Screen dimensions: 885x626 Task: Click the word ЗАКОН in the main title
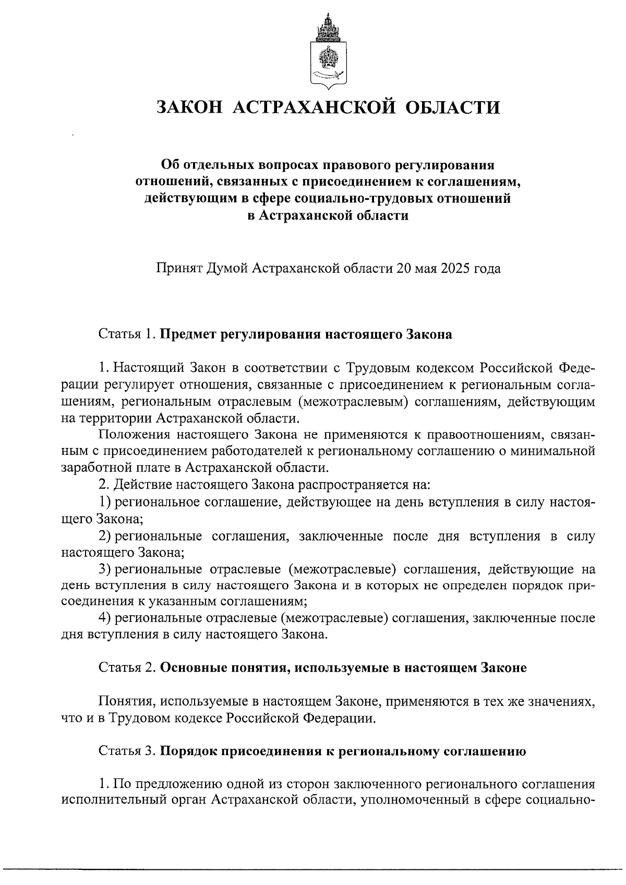coord(189,107)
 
